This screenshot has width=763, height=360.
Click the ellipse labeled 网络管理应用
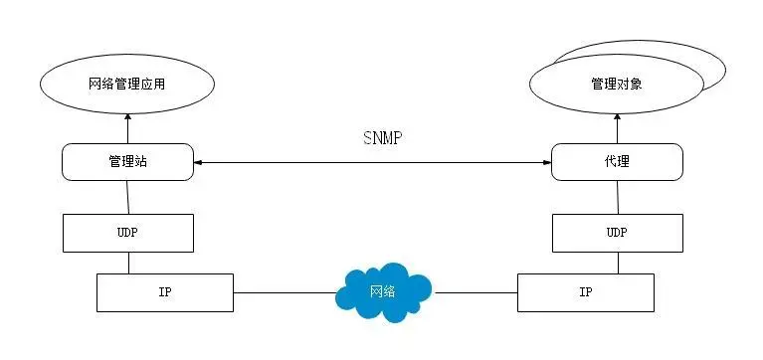[x=127, y=84]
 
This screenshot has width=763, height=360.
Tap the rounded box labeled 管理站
[x=127, y=161]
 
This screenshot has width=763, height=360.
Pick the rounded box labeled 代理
[x=617, y=161]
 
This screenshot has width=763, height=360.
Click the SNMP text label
[x=382, y=137]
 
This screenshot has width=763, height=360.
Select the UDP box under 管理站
[x=127, y=232]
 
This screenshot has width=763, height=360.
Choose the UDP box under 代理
[x=617, y=232]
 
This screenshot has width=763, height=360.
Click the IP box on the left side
[x=164, y=292]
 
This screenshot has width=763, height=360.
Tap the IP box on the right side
[x=586, y=292]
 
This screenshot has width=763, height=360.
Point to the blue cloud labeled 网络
[x=383, y=290]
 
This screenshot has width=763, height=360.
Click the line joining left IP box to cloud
[x=285, y=292]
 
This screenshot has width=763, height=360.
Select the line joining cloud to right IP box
[x=476, y=292]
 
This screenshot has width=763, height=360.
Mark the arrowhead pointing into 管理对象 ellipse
[x=617, y=117]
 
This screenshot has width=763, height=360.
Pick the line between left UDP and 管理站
[x=127, y=197]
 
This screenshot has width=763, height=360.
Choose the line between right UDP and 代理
[x=617, y=197]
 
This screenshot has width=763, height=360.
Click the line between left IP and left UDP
[x=127, y=263]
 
